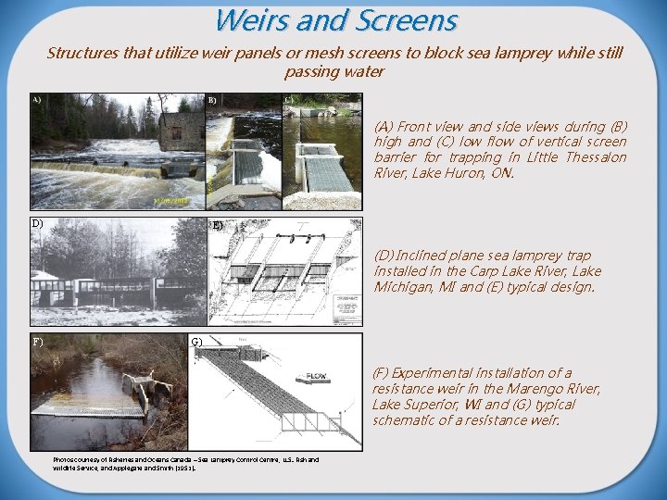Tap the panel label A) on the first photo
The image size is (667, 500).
pyautogui.click(x=36, y=99)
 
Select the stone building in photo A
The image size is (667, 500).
pyautogui.click(x=180, y=130)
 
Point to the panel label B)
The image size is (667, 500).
pyautogui.click(x=212, y=100)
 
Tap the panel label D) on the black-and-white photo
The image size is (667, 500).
pyautogui.click(x=37, y=223)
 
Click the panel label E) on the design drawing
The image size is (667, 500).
pyautogui.click(x=217, y=225)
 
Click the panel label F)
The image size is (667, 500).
pyautogui.click(x=37, y=341)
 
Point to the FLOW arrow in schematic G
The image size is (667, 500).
pyautogui.click(x=311, y=378)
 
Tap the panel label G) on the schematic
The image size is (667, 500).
pyautogui.click(x=195, y=343)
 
